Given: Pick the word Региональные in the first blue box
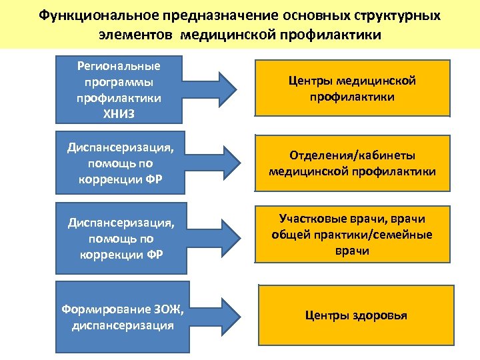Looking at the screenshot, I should click(119, 67).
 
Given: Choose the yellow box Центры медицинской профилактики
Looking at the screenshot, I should click(353, 89).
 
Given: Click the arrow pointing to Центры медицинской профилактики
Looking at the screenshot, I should click(214, 89).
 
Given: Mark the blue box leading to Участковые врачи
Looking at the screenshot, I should click(119, 238).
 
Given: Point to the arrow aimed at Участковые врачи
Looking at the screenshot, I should click(214, 238).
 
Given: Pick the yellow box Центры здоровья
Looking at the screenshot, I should click(356, 315).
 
